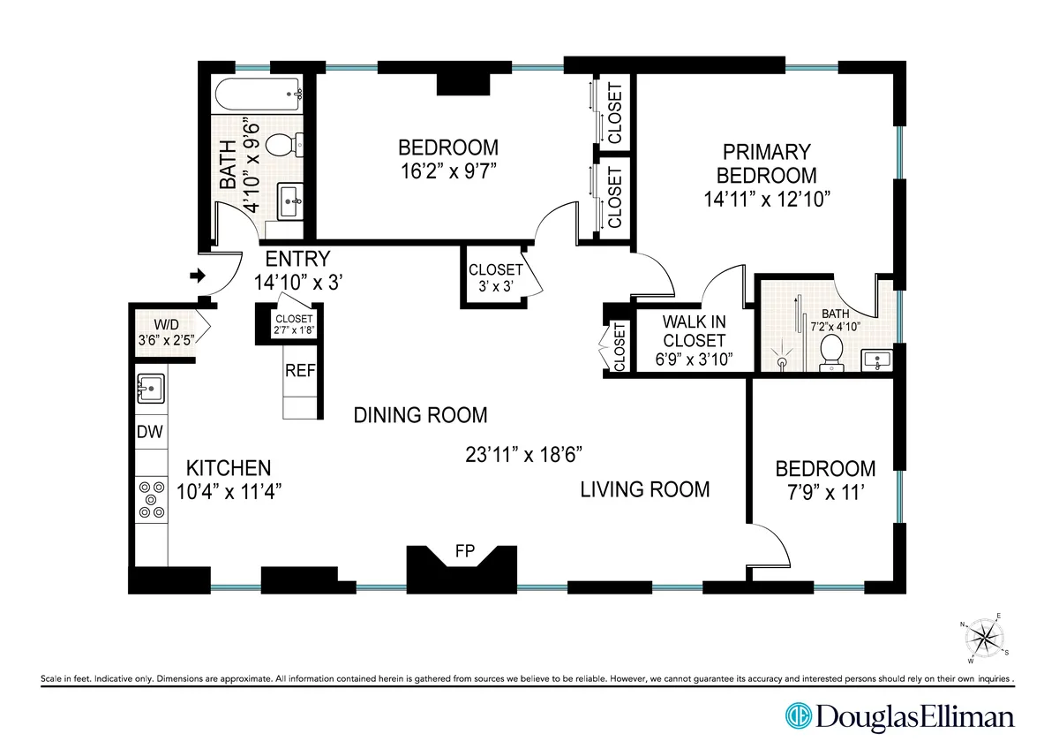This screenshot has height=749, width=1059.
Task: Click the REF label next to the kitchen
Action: click(x=299, y=371)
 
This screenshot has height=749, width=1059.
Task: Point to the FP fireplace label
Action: click(x=464, y=552)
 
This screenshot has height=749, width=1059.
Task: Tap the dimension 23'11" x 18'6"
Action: click(x=525, y=455)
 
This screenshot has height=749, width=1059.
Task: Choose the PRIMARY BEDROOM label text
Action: click(x=766, y=163)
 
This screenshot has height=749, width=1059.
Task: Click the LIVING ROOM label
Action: click(x=644, y=489)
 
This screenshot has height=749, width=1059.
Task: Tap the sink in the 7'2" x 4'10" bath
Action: click(x=877, y=359)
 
